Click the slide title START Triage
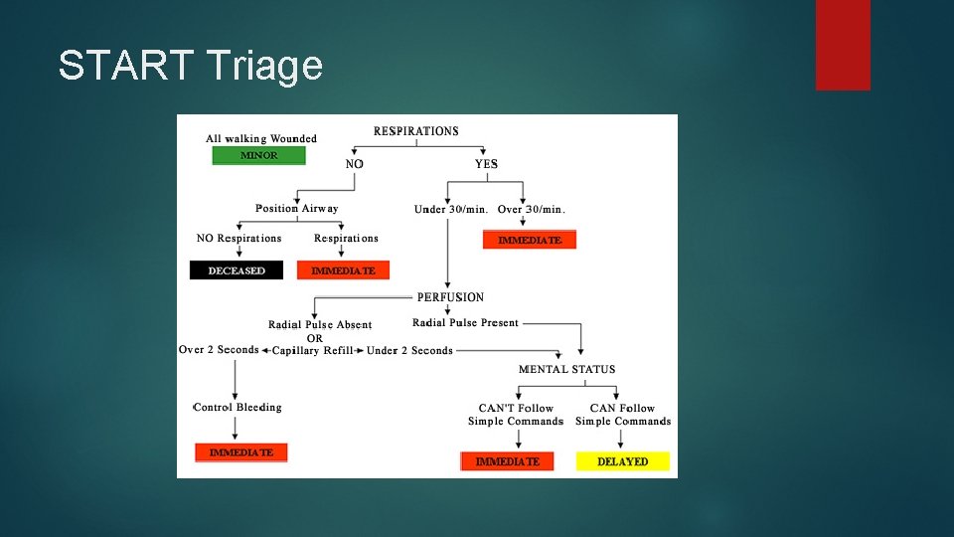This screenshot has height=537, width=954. (190, 66)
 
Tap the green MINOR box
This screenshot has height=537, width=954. (258, 155)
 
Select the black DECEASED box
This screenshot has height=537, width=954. (237, 270)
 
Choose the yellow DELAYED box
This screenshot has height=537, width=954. (622, 461)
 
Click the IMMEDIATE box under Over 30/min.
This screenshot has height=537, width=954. (529, 240)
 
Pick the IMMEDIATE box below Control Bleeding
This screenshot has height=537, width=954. (240, 452)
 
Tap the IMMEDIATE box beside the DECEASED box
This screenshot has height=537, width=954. (343, 270)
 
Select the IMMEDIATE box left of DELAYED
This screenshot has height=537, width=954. (507, 461)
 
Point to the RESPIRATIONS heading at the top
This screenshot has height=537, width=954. (415, 131)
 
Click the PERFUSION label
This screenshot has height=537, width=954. (450, 297)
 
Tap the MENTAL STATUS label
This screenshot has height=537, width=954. (566, 369)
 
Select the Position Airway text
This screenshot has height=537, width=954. (296, 209)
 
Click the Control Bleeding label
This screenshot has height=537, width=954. (238, 408)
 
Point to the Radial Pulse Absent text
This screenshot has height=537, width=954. (320, 325)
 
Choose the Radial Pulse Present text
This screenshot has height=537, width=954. (465, 323)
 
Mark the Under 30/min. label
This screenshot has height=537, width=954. (450, 210)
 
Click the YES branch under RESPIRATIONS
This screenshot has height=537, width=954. (486, 164)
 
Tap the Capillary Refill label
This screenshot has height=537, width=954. (312, 351)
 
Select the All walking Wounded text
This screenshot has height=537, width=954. (260, 139)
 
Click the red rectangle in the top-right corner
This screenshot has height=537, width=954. (843, 45)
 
